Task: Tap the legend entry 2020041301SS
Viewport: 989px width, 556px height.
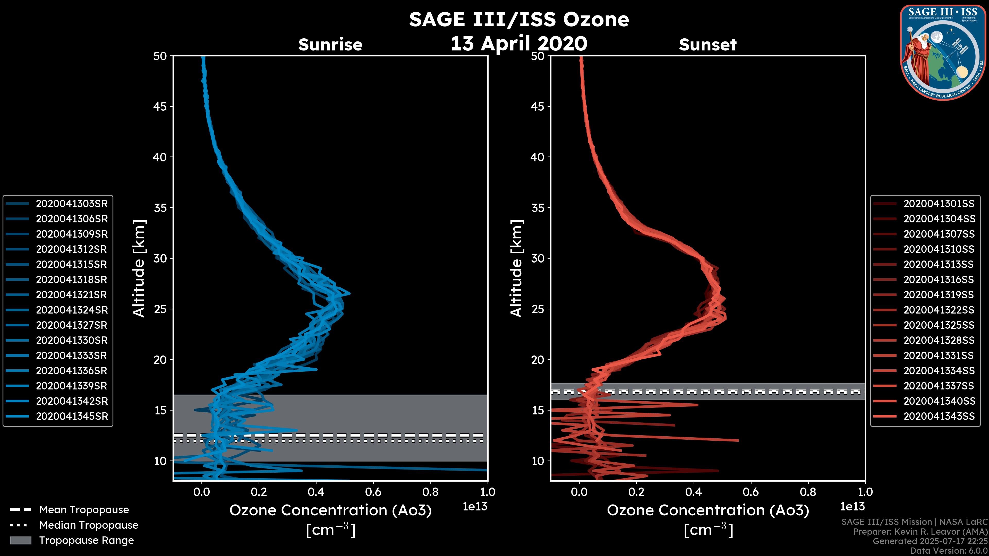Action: (x=939, y=204)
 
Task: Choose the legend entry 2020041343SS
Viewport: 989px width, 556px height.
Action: (x=939, y=416)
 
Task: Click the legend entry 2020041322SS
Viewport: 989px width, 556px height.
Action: (x=939, y=310)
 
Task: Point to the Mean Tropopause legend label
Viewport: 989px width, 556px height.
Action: (x=84, y=510)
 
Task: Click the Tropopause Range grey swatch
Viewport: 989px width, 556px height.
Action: (x=21, y=540)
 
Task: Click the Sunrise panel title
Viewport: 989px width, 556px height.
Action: (x=330, y=45)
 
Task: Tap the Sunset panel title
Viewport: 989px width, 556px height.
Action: (x=707, y=45)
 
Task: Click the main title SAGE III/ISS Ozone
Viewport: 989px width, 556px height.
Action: (x=519, y=19)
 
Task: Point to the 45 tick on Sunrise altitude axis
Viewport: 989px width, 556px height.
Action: (x=160, y=107)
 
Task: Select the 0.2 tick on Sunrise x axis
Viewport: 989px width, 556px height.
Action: (x=259, y=492)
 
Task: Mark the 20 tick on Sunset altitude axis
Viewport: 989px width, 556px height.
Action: (x=538, y=360)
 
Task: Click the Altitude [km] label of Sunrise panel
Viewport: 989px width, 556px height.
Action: (x=139, y=268)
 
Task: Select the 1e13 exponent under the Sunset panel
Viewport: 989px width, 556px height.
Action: (x=852, y=507)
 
